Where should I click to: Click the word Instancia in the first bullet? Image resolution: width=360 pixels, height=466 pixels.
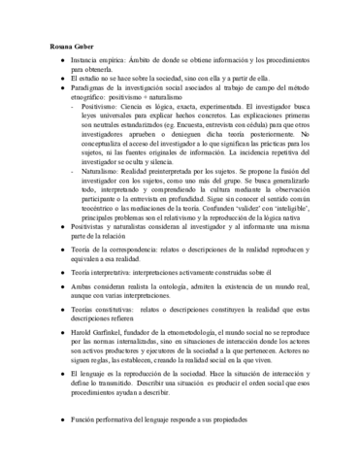pos(85,61)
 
